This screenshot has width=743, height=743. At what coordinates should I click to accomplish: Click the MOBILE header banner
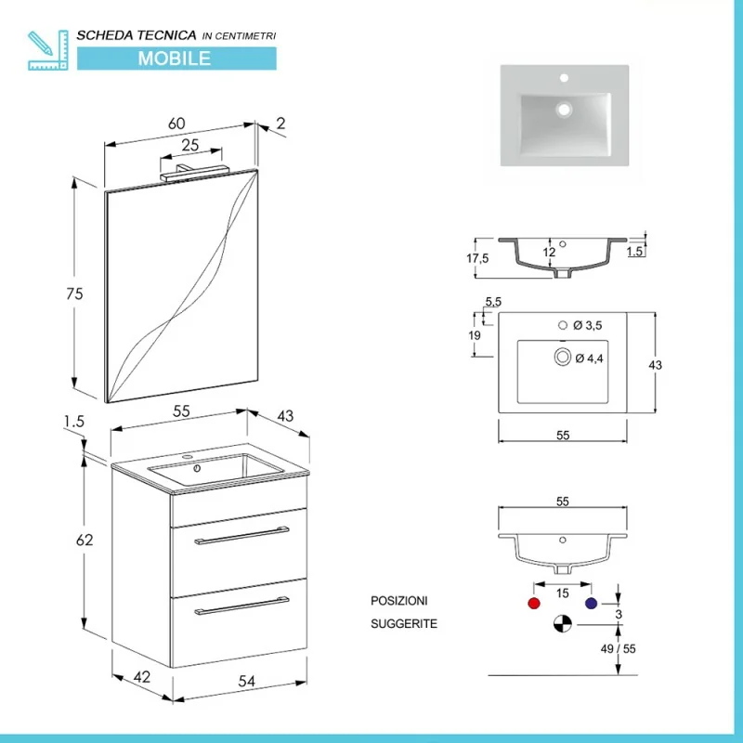coord(176,58)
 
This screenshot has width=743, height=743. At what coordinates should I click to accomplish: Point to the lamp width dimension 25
coord(190,145)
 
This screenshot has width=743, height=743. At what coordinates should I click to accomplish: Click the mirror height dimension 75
coord(74,293)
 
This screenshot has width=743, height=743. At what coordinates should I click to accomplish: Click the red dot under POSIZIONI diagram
coord(533,604)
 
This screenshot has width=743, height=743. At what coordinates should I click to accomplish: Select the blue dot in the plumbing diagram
coord(590,604)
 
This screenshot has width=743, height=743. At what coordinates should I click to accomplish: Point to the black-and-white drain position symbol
coord(561,625)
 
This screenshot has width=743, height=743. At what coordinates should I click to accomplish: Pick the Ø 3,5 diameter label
coord(591,325)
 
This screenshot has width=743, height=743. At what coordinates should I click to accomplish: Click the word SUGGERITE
coord(404,624)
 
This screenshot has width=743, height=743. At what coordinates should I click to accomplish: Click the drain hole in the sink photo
coord(563,109)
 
